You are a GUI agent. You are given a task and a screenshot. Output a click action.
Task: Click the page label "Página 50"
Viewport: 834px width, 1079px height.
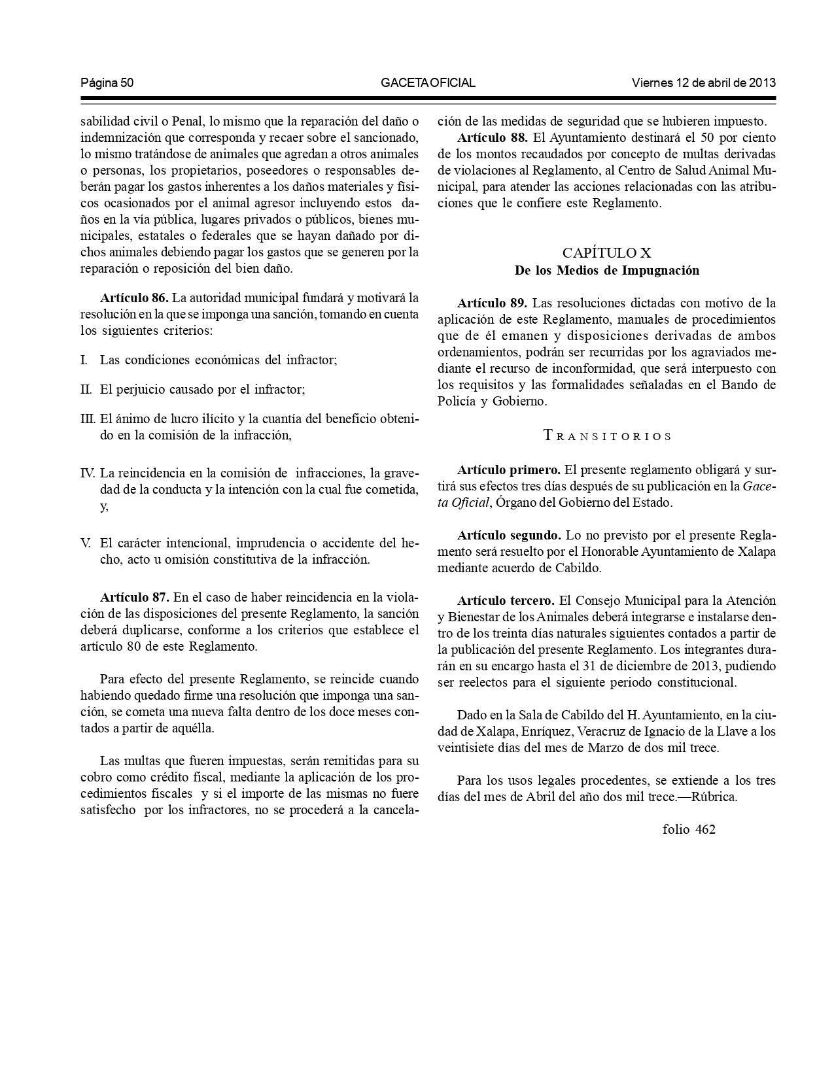pyautogui.click(x=107, y=83)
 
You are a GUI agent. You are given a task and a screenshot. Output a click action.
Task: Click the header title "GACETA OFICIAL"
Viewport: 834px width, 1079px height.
pyautogui.click(x=428, y=83)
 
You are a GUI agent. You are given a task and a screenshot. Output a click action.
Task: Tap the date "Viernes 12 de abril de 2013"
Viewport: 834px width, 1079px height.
pyautogui.click(x=703, y=83)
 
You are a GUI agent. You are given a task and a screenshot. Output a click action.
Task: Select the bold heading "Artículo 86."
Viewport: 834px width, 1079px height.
pyautogui.click(x=134, y=298)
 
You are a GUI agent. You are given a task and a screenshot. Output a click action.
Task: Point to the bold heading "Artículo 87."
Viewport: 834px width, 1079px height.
pyautogui.click(x=134, y=597)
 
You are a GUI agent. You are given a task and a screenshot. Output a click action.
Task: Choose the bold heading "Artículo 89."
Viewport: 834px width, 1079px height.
pyautogui.click(x=492, y=303)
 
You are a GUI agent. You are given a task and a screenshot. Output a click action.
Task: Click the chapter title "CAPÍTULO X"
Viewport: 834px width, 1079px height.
pyautogui.click(x=606, y=253)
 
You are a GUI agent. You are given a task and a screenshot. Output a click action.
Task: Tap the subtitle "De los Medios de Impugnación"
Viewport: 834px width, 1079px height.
pyautogui.click(x=606, y=270)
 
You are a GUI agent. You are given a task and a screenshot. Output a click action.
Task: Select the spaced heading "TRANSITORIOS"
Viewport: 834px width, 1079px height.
pyautogui.click(x=608, y=436)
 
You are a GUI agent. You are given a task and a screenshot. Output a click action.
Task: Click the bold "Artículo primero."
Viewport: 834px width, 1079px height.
pyautogui.click(x=508, y=470)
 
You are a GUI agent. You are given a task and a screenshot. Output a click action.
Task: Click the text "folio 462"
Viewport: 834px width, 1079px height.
pyautogui.click(x=689, y=830)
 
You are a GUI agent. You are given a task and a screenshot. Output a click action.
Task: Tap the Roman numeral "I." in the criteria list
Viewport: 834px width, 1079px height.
pyautogui.click(x=84, y=360)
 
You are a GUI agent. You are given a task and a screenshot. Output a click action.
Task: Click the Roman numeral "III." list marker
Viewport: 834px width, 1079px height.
pyautogui.click(x=88, y=419)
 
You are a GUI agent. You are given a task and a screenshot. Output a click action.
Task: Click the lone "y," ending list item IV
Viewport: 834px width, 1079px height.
pyautogui.click(x=104, y=506)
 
